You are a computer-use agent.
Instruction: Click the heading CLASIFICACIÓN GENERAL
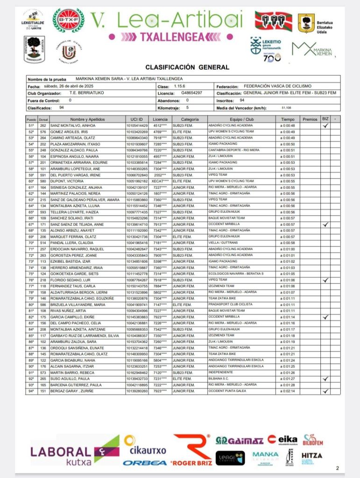pyautogui.click(x=187, y=67)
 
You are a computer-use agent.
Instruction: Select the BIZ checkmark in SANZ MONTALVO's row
pyautogui.click(x=325, y=126)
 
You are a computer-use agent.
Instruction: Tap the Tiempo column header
pyautogui.click(x=288, y=119)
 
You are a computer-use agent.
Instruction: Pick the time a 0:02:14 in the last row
pyautogui.click(x=288, y=391)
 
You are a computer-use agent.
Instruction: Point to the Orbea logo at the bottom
pyautogui.click(x=145, y=463)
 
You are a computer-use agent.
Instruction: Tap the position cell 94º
pyautogui.click(x=32, y=391)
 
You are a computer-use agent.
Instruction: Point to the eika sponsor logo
pyautogui.click(x=282, y=439)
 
